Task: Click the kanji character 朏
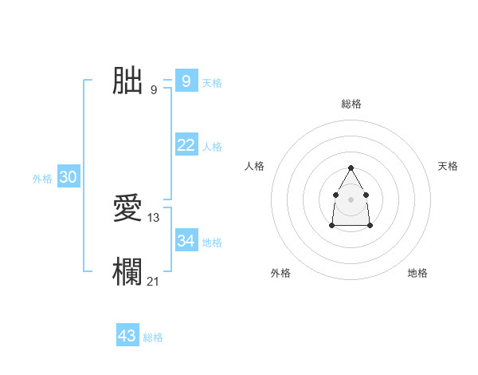point(128,81)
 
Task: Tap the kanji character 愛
point(128,208)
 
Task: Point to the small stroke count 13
point(154,217)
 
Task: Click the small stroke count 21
point(154,281)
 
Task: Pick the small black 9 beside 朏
point(153,89)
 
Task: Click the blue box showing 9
point(186,81)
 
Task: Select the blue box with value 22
point(186,144)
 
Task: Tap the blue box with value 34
point(186,240)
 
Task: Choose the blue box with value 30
point(68,177)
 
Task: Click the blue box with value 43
point(127,336)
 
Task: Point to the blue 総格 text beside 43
point(153,337)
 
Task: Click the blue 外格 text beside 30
point(42,179)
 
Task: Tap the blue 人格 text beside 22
point(212,147)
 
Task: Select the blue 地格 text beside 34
point(212,243)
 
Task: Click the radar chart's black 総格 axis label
point(351,104)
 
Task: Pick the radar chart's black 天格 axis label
point(448,166)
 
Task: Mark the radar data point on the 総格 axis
point(351,168)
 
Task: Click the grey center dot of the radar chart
point(351,199)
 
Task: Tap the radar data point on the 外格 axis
point(332,226)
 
